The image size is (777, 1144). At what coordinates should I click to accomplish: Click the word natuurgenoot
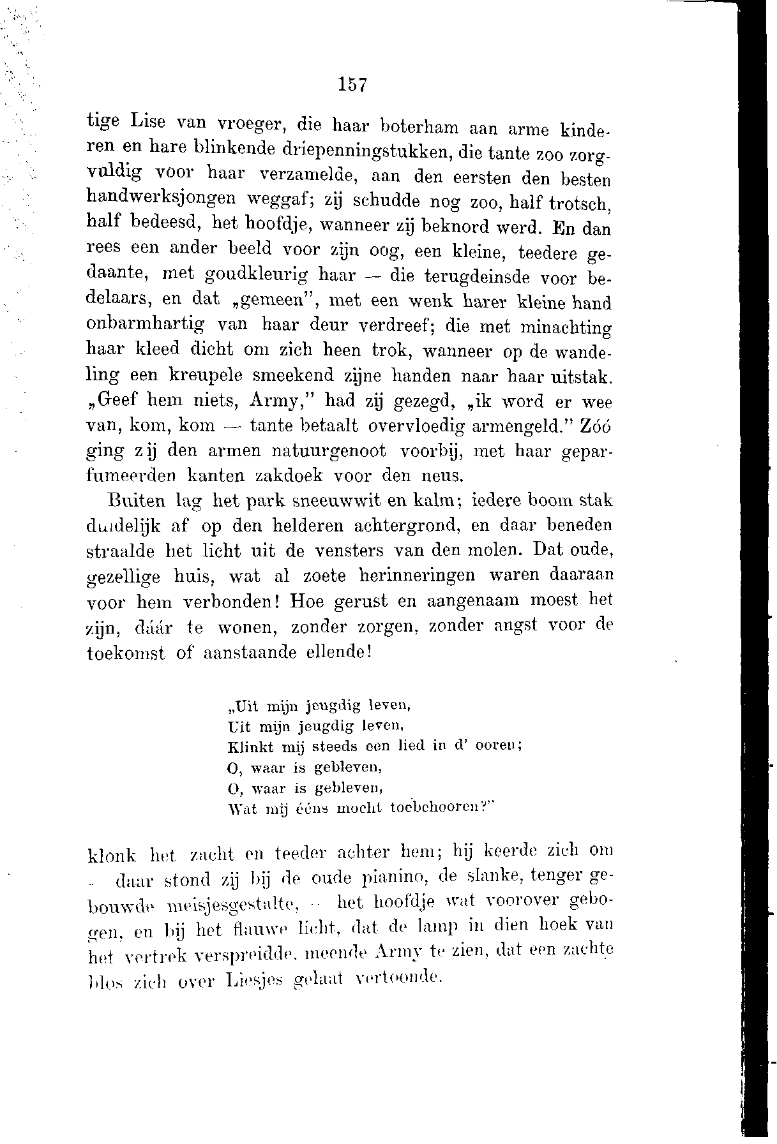click(x=329, y=452)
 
